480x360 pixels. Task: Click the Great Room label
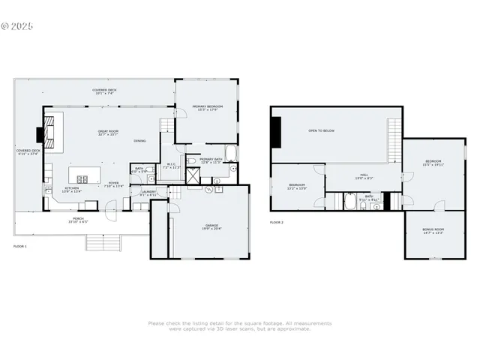tap(108, 133)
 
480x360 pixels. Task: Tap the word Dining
tap(139, 141)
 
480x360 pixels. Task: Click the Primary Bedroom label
tap(207, 108)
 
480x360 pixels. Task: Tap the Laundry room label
tap(148, 192)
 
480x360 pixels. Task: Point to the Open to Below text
tap(322, 130)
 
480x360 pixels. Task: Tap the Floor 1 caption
tap(19, 246)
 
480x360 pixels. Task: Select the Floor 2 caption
tap(277, 223)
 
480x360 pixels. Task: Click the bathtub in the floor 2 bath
tap(350, 202)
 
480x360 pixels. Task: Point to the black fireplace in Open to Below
tap(277, 134)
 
